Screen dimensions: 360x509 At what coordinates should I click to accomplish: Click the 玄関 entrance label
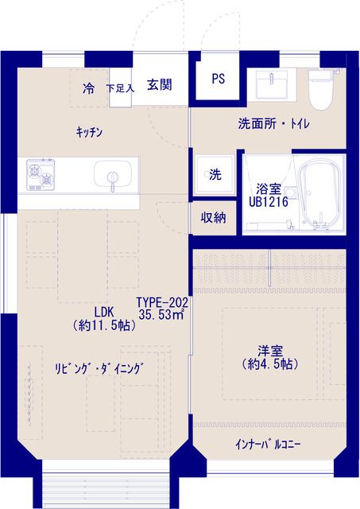(160, 85)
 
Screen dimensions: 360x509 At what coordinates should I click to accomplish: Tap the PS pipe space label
(219, 79)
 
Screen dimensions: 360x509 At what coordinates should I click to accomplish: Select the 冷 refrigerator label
(88, 88)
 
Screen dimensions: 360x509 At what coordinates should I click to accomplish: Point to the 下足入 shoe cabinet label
(120, 88)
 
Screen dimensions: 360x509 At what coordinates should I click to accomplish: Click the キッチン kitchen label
(89, 132)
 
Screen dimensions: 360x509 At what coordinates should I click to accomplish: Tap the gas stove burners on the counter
(41, 174)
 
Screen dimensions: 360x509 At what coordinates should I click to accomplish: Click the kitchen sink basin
(113, 175)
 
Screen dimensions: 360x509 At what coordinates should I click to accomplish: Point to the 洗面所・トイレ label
(273, 124)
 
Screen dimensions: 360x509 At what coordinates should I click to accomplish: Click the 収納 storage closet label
(213, 217)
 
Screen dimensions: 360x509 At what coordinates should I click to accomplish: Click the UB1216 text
(269, 202)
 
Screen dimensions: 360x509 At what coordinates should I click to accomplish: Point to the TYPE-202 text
(162, 302)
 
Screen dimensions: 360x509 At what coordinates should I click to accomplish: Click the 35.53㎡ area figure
(161, 315)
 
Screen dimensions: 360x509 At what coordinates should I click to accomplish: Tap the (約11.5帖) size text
(104, 325)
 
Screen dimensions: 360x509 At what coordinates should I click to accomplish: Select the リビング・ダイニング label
(99, 369)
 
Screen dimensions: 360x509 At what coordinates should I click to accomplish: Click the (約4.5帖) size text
(270, 364)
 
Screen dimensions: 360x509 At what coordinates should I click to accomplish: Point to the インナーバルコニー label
(269, 445)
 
